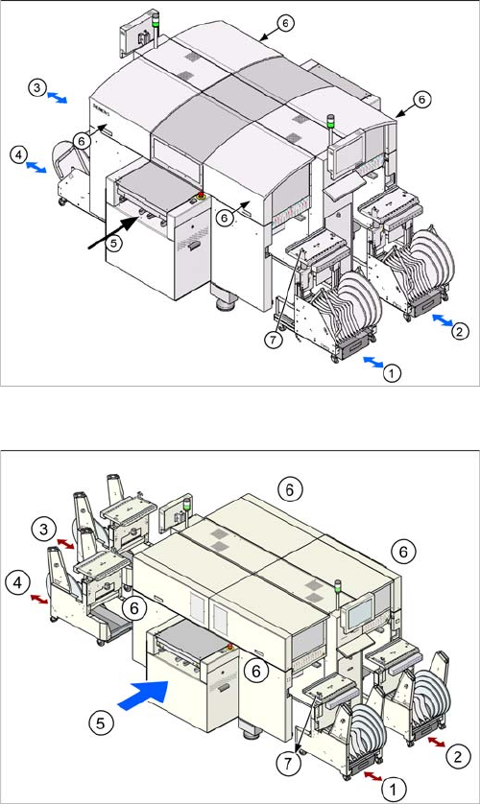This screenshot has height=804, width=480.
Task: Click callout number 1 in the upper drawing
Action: point(392,373)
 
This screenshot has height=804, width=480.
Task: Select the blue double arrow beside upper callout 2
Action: point(442,320)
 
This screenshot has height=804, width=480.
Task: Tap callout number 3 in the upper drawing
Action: point(36,88)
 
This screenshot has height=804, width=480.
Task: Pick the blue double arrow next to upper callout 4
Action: point(36,167)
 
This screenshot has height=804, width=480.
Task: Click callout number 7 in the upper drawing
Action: point(274,341)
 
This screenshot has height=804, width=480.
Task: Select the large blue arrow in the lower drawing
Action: point(143,695)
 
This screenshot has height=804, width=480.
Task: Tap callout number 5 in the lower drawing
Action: point(101,723)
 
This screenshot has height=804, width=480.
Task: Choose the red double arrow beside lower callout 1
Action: point(372,775)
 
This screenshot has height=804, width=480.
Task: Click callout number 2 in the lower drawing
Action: point(459,755)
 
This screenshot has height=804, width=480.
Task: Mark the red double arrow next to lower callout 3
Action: point(65,543)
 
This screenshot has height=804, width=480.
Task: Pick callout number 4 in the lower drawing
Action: point(18,584)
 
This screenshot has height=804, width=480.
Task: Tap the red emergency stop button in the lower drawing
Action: point(229,646)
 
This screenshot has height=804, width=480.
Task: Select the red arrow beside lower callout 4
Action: point(39,599)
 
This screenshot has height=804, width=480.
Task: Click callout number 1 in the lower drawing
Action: point(394,790)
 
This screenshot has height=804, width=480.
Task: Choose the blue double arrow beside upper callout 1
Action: point(372,363)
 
